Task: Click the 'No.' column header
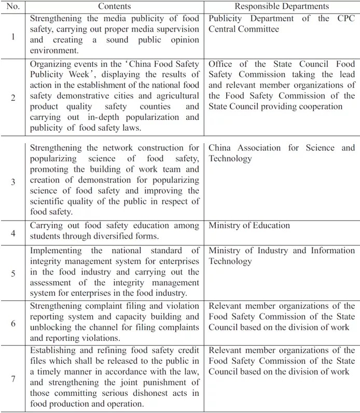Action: point(13,7)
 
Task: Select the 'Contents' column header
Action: point(114,7)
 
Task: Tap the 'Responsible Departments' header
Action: point(282,7)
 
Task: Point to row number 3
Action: point(13,182)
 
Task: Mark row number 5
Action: point(13,272)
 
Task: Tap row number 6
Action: point(13,322)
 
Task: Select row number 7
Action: point(13,378)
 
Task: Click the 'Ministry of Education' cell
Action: point(249,226)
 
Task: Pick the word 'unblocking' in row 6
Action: point(51,328)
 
